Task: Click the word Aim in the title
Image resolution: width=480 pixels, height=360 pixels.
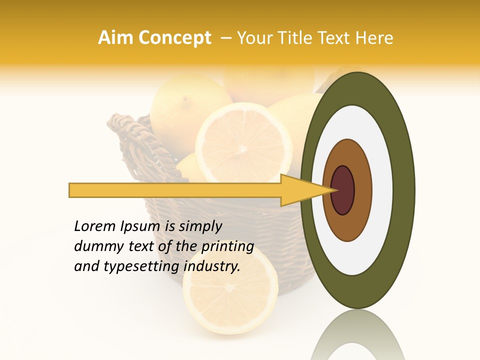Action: tap(116, 38)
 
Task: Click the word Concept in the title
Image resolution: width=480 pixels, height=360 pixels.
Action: tap(173, 38)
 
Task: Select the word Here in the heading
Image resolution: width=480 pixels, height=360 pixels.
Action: tap(375, 38)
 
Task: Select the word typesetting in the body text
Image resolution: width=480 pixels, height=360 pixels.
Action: tap(143, 267)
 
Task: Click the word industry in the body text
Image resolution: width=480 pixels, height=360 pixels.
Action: tap(211, 266)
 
